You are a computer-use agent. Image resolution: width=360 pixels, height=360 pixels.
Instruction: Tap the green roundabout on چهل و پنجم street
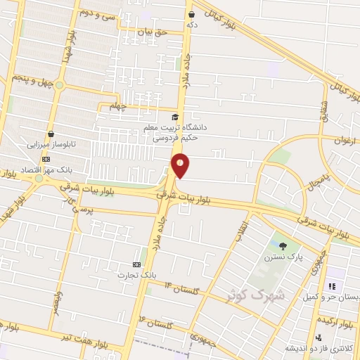pyautogui.click(x=59, y=86)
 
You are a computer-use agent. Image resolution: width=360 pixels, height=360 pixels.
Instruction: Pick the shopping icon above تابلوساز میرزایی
pyautogui.click(x=51, y=134)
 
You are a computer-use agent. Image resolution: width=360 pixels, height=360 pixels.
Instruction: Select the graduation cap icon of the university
pyautogui.click(x=174, y=117)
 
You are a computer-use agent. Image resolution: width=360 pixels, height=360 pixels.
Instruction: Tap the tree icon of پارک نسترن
pyautogui.click(x=283, y=246)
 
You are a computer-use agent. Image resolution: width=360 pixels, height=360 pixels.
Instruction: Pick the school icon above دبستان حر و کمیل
pyautogui.click(x=331, y=286)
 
